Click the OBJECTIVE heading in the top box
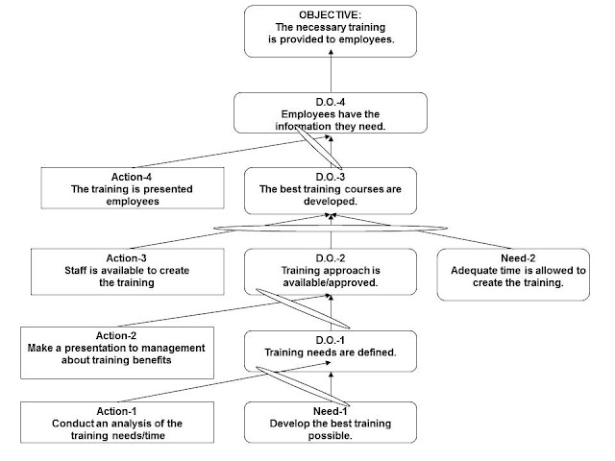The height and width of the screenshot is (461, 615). tap(331, 15)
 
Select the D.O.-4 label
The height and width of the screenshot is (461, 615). tap(331, 102)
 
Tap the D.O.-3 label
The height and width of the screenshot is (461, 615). tap(331, 177)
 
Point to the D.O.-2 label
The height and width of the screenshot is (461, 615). tap(331, 258)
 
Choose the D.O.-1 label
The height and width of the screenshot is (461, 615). tap(331, 340)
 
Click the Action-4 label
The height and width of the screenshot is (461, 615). tap(132, 177)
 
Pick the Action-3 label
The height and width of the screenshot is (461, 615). tap(126, 258)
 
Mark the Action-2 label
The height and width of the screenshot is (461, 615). tap(116, 335)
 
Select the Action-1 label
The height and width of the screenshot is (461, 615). tap(116, 411)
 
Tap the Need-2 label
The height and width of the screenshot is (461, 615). tap(518, 258)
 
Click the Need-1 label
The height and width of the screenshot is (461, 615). tap(331, 411)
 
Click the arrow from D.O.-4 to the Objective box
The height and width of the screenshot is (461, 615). tap(331, 71)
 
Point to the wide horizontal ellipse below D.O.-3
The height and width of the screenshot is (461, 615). tap(331, 228)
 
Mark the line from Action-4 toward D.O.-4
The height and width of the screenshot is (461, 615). tap(232, 153)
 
